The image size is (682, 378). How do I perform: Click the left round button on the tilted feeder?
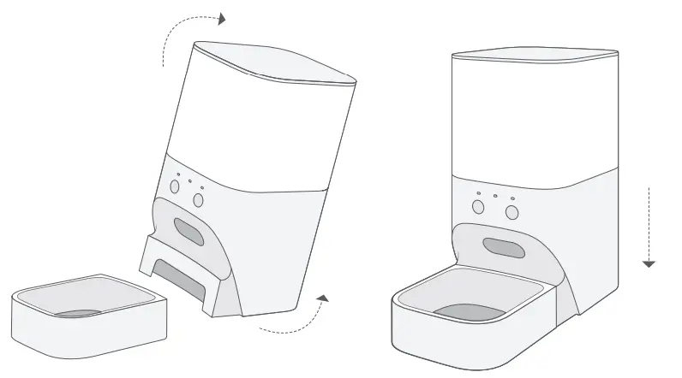(x=175, y=186)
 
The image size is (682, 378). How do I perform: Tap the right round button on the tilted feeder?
(x=199, y=199)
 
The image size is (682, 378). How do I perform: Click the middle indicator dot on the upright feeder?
(x=495, y=196)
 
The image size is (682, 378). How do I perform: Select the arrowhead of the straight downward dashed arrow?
(x=649, y=263)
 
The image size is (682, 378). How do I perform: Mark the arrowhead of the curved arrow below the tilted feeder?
(x=322, y=298)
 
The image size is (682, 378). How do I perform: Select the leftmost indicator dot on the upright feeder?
(x=479, y=193)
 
